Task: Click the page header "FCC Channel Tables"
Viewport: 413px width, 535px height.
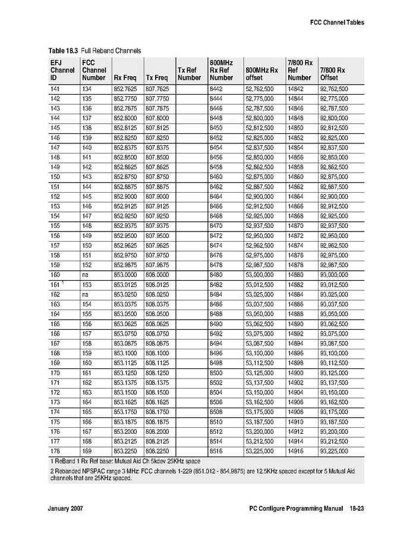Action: [x=336, y=23]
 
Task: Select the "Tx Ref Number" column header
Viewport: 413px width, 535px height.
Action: [x=189, y=74]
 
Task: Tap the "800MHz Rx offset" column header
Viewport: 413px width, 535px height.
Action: [x=261, y=74]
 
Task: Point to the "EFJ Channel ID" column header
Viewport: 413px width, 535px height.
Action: [x=62, y=70]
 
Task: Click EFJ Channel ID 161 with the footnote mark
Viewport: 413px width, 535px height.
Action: [x=56, y=284]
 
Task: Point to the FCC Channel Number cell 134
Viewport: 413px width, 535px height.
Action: [x=87, y=89]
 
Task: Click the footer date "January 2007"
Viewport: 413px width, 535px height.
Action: [x=65, y=510]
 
